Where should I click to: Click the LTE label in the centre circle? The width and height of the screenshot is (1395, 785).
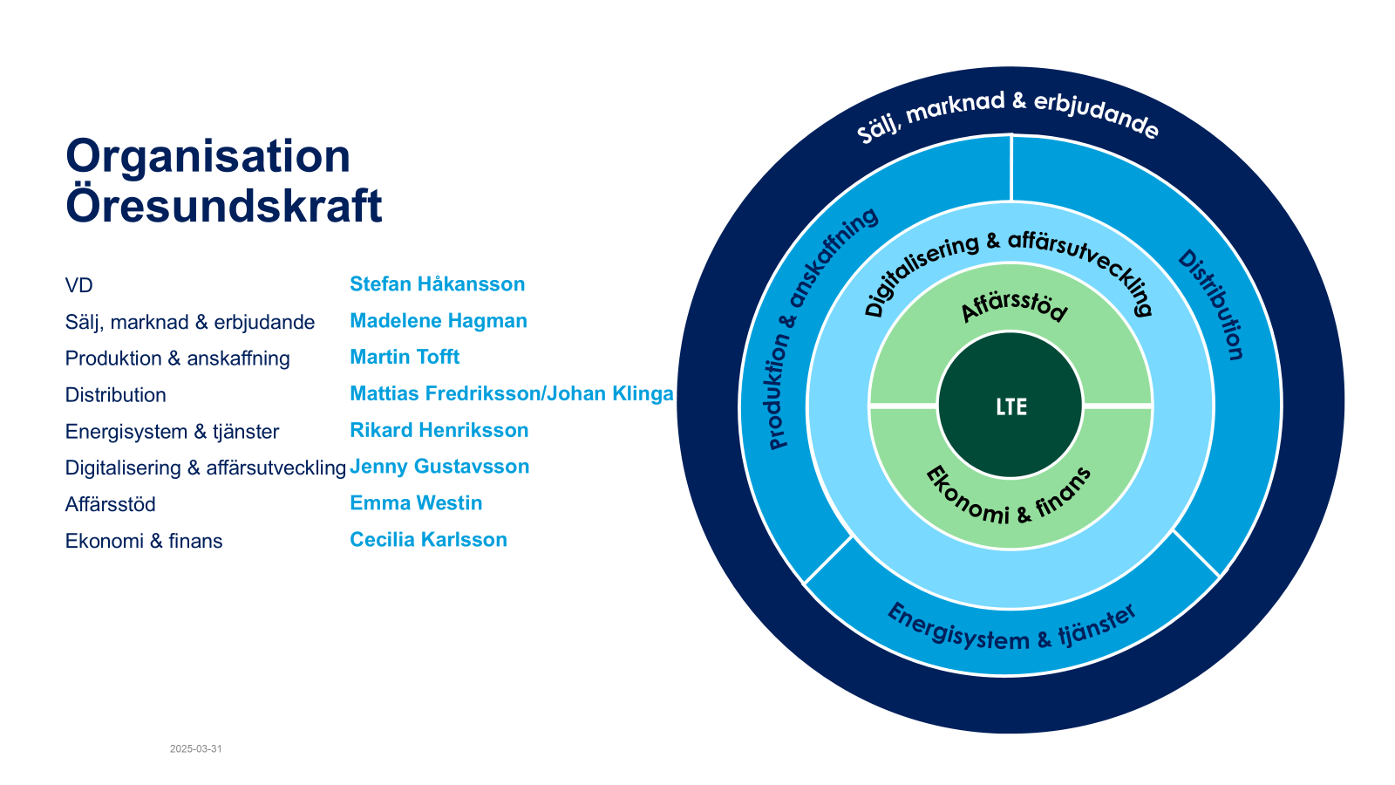(x=1011, y=407)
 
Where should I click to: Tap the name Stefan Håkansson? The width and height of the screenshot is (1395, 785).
(x=437, y=284)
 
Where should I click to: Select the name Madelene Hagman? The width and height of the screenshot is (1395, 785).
(x=438, y=321)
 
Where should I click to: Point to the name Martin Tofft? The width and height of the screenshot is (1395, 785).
(x=405, y=358)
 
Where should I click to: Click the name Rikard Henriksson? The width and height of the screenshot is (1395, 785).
(x=439, y=431)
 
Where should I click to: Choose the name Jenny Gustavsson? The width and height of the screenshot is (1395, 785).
(x=439, y=467)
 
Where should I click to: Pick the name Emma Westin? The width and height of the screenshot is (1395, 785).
(x=416, y=503)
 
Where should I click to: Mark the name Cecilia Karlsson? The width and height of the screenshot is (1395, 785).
(x=428, y=540)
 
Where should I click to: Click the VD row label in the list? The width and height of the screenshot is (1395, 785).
(x=78, y=286)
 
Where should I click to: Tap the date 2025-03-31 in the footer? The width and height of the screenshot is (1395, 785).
(x=195, y=749)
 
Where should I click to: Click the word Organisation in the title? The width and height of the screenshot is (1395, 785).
(x=208, y=157)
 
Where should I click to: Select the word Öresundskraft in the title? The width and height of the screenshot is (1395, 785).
(x=223, y=207)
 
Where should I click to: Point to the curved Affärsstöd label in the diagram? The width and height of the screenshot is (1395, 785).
(x=1013, y=305)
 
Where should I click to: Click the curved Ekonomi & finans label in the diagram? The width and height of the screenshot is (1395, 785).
(x=1008, y=496)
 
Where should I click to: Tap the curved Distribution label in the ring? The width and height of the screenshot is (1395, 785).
(x=1212, y=305)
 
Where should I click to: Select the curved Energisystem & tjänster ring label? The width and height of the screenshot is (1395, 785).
(x=1011, y=630)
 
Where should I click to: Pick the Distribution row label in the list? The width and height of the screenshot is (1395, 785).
(x=115, y=395)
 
